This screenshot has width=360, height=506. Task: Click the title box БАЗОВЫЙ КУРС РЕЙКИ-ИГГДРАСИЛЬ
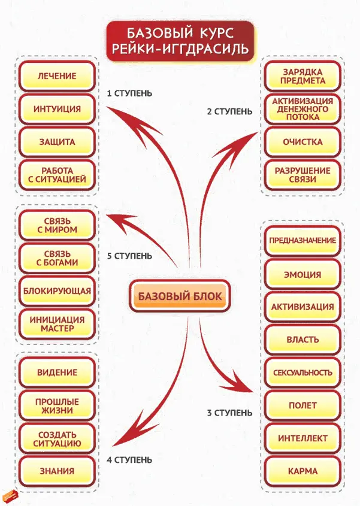(x=179, y=41)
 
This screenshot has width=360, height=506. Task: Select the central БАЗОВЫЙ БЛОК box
(x=180, y=296)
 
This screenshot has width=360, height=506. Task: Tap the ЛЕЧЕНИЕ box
(x=56, y=76)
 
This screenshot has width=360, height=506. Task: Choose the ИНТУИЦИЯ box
(x=56, y=109)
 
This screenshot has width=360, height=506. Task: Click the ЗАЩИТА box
(x=56, y=142)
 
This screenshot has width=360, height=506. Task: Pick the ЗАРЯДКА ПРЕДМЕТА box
(x=303, y=76)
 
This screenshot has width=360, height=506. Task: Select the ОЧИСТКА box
(x=303, y=142)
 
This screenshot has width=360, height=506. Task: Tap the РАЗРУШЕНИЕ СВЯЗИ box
(x=303, y=175)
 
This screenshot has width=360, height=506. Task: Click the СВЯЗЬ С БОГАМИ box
(x=56, y=258)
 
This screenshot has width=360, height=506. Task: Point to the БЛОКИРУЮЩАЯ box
(x=56, y=291)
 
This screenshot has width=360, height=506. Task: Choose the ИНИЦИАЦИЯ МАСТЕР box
(x=56, y=324)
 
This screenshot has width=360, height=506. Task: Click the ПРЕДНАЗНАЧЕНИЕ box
(x=303, y=240)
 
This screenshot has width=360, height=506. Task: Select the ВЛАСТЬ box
(x=303, y=340)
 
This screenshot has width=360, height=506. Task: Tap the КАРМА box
(x=303, y=471)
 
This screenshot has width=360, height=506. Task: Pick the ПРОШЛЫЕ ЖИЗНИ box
(x=56, y=406)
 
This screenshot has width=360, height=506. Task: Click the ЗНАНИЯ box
(x=56, y=471)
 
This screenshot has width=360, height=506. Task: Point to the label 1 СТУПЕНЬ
(x=129, y=93)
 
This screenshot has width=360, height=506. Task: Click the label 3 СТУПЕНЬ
(x=229, y=413)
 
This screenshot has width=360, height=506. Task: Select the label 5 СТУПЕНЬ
(x=129, y=256)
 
